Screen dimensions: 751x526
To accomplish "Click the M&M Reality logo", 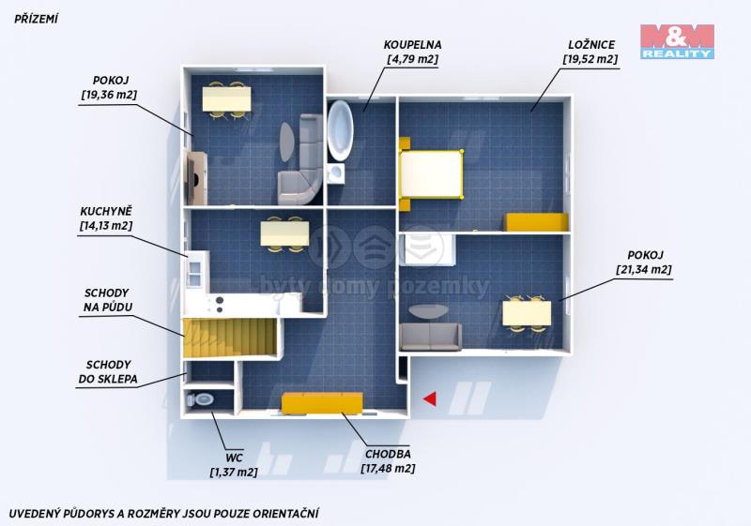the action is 677,41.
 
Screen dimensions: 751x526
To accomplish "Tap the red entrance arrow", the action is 430,398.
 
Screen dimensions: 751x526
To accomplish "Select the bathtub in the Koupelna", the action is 341,130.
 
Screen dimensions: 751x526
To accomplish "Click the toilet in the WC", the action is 201,399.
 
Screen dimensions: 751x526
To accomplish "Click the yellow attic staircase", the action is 230,338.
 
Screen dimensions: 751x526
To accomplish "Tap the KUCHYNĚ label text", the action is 106,211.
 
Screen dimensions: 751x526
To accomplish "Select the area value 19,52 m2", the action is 590,59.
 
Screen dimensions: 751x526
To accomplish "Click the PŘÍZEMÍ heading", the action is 36,19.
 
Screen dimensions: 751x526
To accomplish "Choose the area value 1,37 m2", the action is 234,473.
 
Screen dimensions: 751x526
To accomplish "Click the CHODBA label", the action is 388,454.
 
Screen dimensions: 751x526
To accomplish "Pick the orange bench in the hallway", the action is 322,403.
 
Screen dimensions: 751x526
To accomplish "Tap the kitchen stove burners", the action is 220,305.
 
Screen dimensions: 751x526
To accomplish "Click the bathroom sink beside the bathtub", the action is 336,173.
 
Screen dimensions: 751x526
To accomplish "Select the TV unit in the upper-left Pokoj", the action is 196,177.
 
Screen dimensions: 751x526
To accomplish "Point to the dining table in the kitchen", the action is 284,233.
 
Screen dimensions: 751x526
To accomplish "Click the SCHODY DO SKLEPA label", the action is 108,372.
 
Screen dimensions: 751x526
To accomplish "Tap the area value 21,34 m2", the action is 644,270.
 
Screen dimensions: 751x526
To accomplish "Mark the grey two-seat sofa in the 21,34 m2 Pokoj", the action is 431,337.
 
